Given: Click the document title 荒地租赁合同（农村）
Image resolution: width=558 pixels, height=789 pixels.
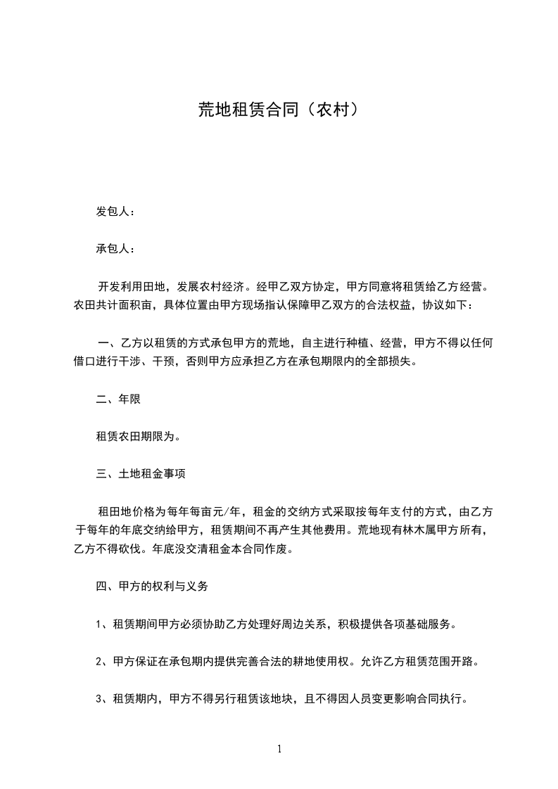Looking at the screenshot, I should coord(279,110).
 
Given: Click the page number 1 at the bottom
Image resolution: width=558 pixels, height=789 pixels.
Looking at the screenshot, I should coord(279,749).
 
